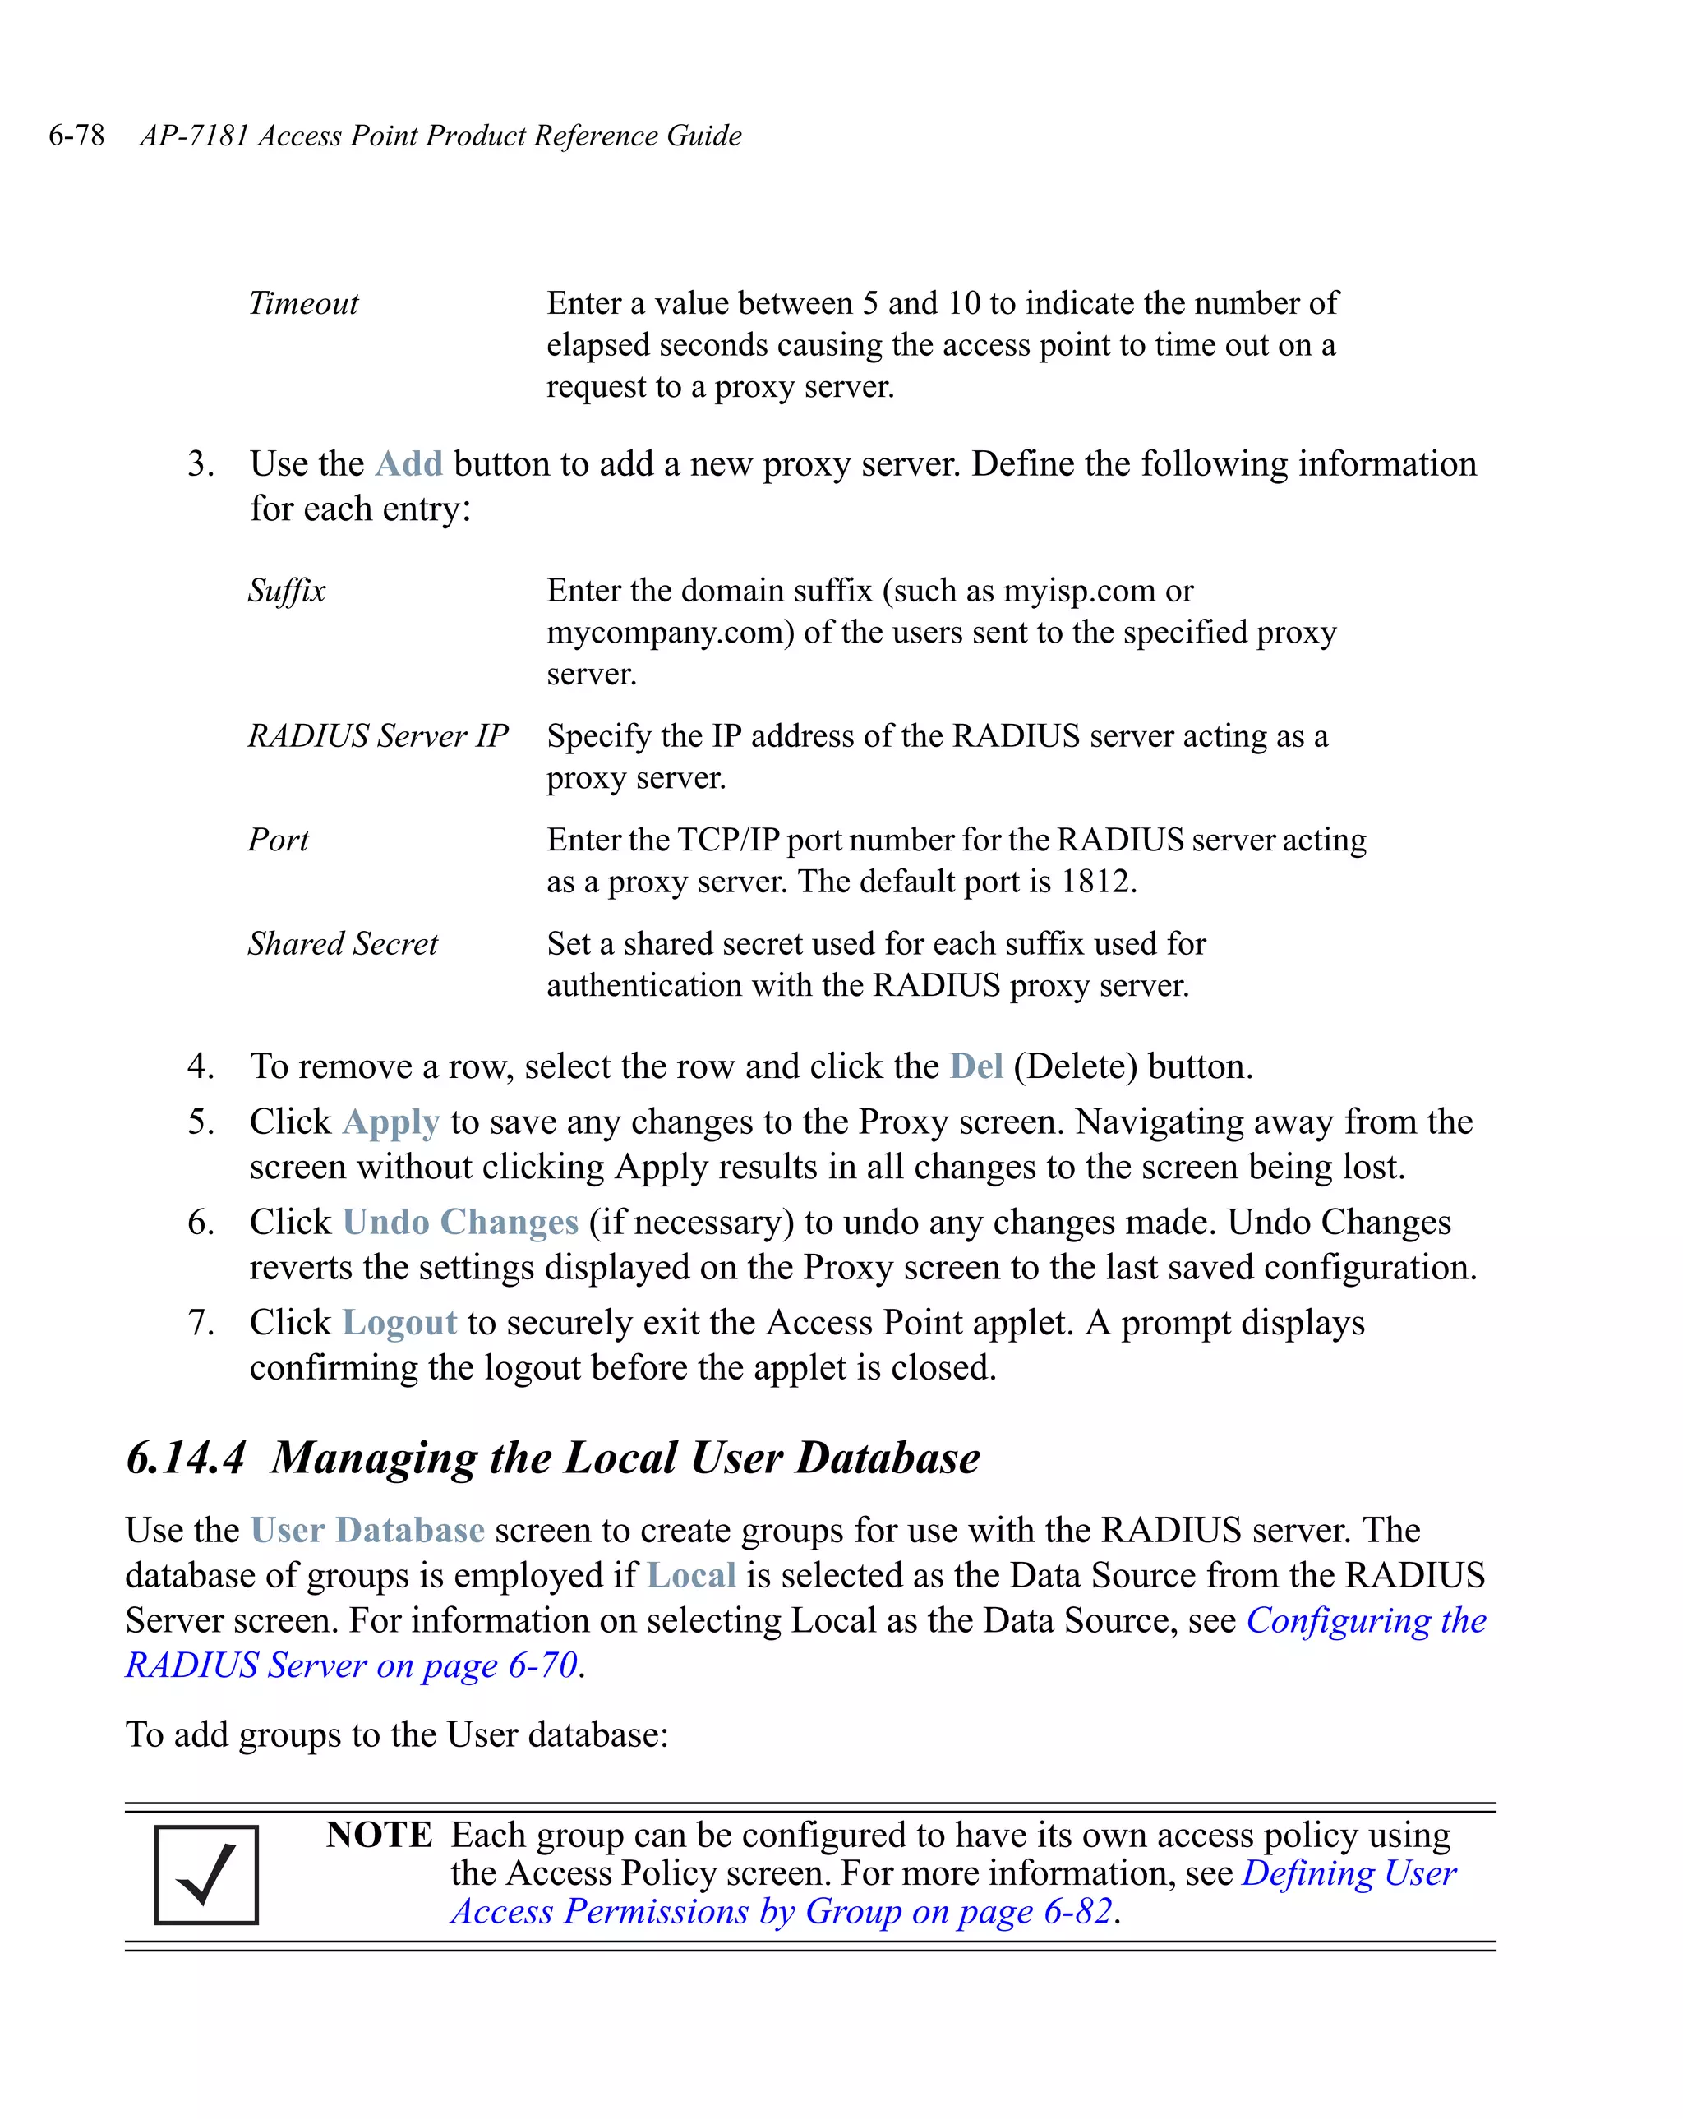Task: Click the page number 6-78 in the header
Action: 76,136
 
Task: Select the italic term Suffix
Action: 286,591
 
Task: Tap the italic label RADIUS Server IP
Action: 377,736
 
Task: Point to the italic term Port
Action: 279,841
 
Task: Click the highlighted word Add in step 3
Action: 409,464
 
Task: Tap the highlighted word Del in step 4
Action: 975,1066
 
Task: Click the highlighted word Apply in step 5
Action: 390,1122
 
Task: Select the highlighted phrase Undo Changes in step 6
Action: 460,1223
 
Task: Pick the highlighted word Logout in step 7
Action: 399,1323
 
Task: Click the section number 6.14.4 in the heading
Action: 185,1458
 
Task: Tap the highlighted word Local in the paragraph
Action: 691,1577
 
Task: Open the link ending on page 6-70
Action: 351,1667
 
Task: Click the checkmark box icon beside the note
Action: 206,1875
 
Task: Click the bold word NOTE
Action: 379,1836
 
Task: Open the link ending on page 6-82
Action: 781,1913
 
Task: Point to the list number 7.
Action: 201,1323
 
